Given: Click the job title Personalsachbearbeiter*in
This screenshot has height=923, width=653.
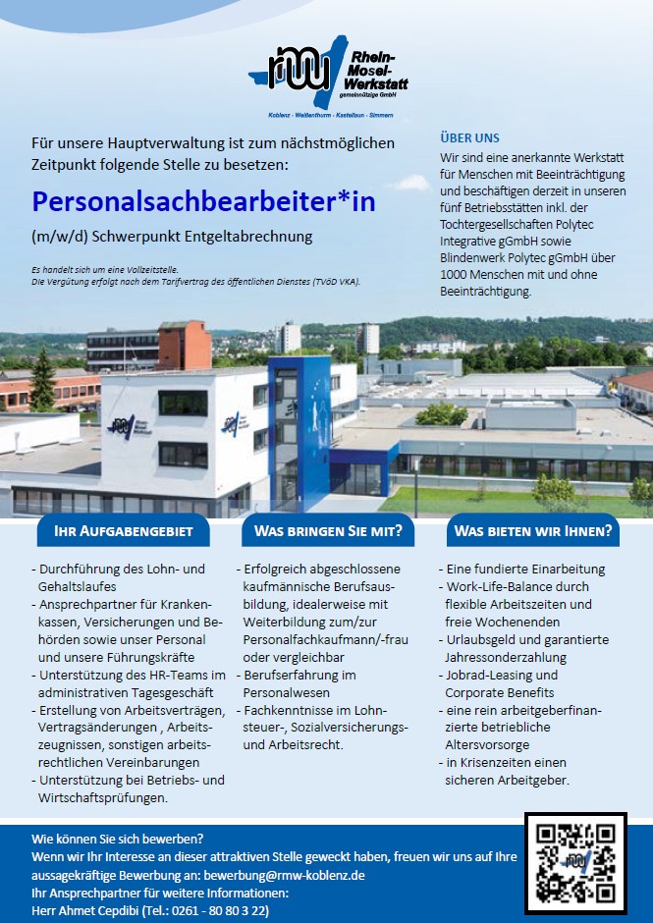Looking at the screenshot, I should [203, 201].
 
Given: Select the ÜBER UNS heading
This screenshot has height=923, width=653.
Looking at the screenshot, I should [470, 138].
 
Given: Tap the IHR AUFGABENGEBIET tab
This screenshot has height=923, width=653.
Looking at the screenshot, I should [123, 532].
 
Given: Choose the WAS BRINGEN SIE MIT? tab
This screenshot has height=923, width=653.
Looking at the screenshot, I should [327, 532].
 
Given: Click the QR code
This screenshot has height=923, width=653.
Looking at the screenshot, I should [575, 863].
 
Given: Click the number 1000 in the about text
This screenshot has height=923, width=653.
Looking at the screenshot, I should [458, 276].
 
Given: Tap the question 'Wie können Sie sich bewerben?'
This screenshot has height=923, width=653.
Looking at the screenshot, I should [117, 840].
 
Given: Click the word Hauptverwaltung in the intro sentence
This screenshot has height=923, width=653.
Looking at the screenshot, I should [169, 144].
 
